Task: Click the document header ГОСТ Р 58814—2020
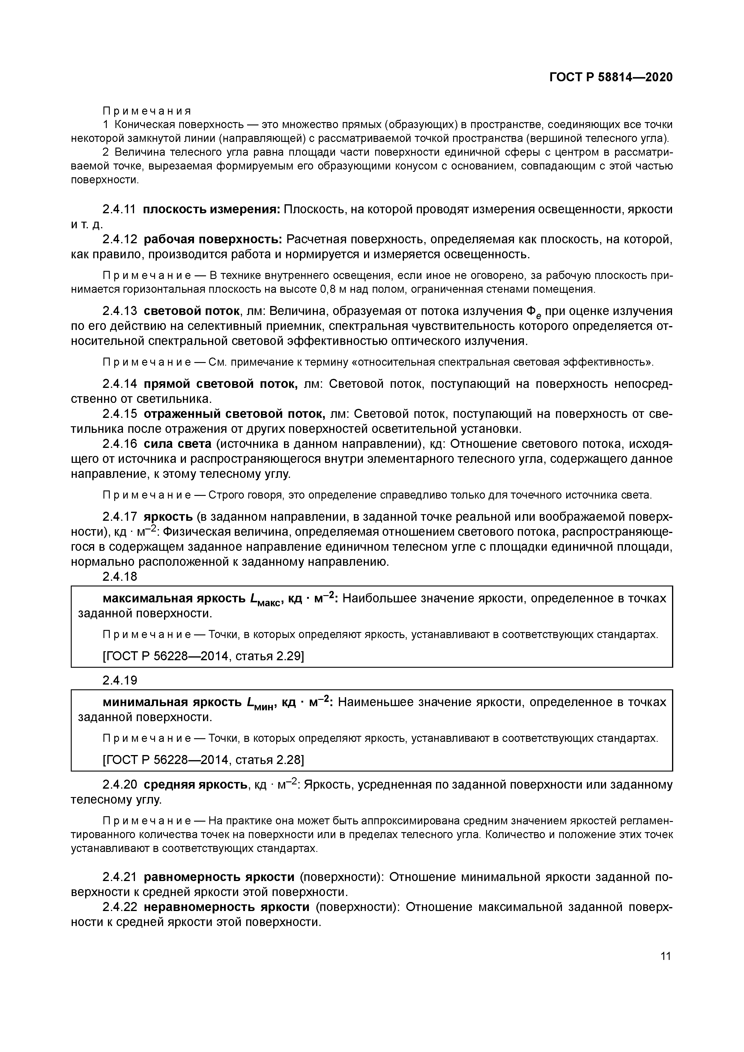click(x=611, y=77)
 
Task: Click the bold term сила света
click(x=177, y=444)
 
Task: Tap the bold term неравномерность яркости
click(x=227, y=907)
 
